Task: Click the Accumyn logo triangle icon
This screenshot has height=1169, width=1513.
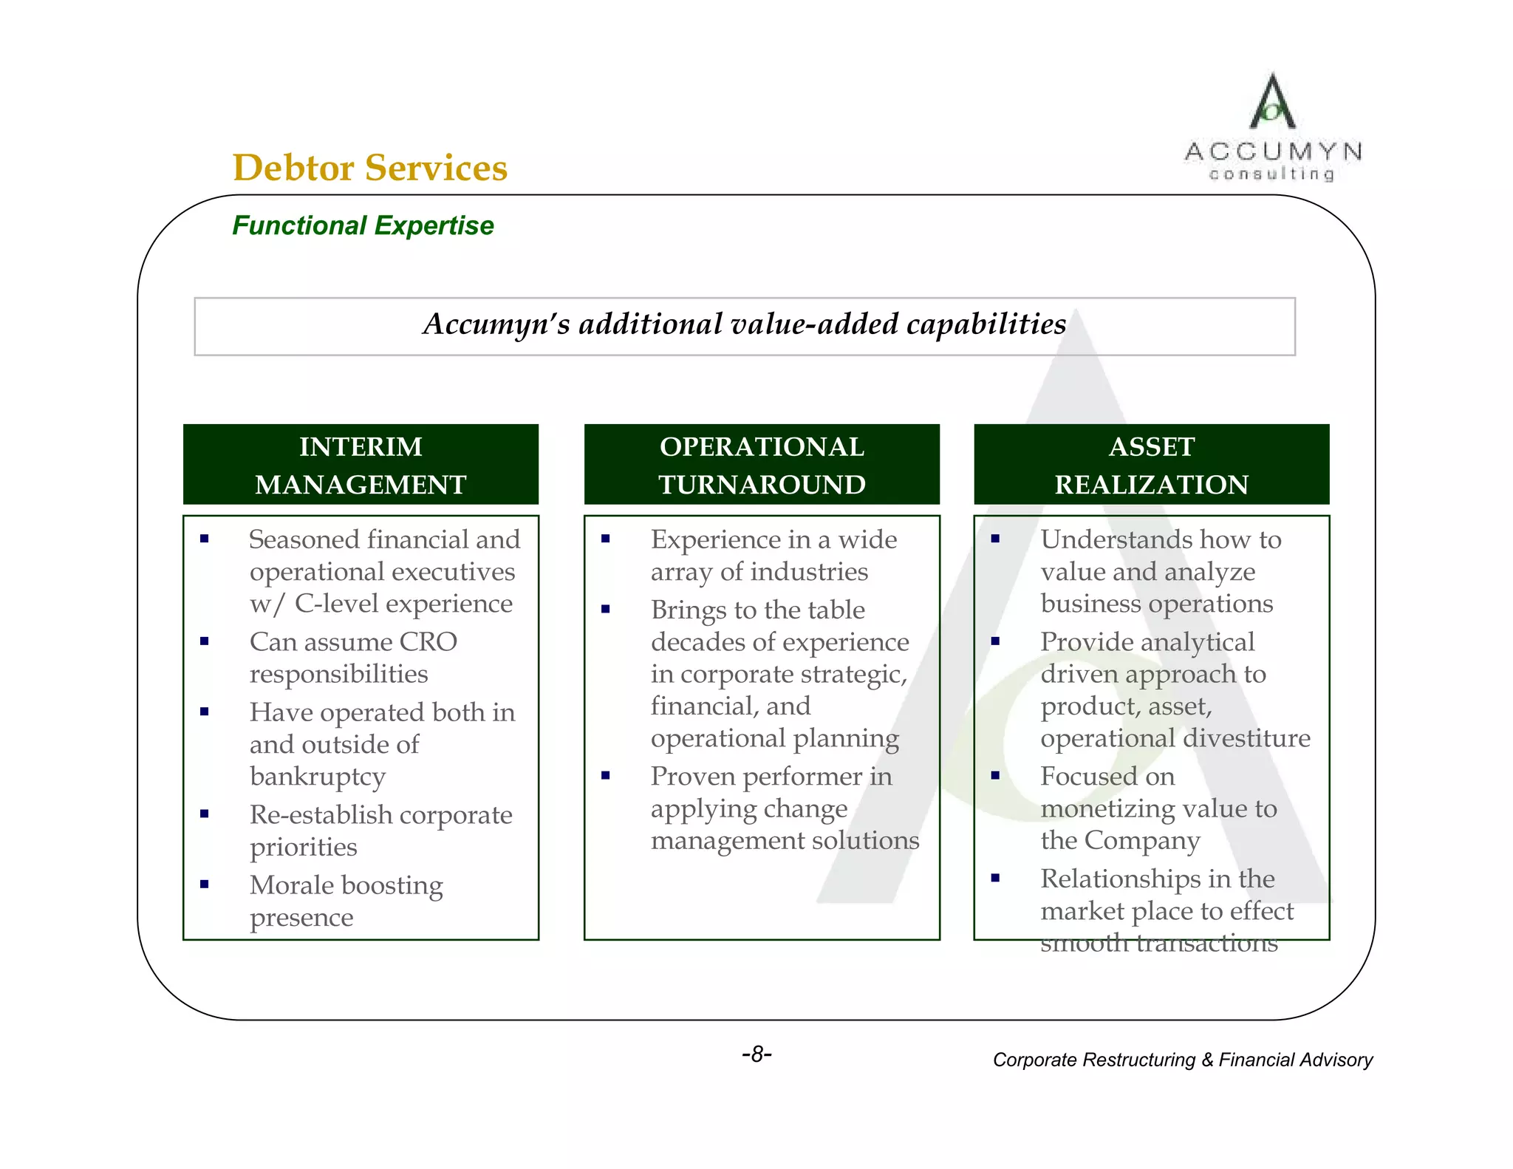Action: (x=1271, y=103)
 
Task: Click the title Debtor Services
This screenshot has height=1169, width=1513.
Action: (x=369, y=168)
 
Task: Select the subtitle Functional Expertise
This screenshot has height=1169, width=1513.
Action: (x=363, y=225)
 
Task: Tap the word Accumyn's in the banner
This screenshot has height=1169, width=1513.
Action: (x=496, y=324)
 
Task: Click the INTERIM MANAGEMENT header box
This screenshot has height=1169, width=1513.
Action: (x=361, y=465)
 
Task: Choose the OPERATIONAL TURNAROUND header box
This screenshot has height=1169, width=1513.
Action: (x=762, y=465)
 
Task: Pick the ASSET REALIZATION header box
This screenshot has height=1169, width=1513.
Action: (x=1151, y=465)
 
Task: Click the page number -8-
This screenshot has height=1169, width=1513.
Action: (x=756, y=1054)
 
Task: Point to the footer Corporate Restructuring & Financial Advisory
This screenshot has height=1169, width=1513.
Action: (x=1182, y=1060)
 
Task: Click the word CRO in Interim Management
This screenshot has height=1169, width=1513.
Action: (x=428, y=642)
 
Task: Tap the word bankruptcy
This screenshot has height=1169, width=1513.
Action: (x=318, y=777)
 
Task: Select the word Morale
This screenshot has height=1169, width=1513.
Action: (x=292, y=885)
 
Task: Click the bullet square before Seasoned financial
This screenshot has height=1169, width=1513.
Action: (x=205, y=539)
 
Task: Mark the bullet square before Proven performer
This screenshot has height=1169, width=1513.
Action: (x=606, y=775)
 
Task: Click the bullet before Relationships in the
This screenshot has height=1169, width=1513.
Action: (x=995, y=878)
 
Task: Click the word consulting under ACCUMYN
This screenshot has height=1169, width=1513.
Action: (x=1271, y=174)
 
